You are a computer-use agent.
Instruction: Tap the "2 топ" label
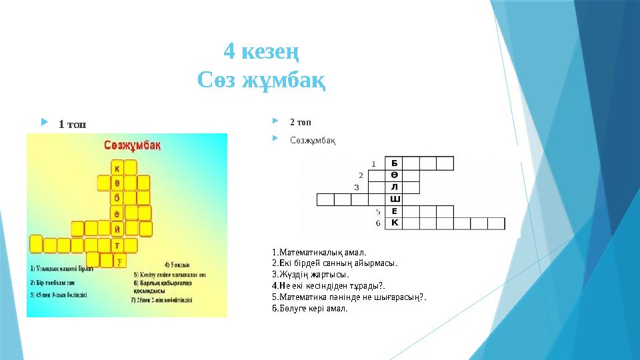(x=299, y=123)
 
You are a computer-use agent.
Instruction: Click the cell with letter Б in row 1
(x=394, y=163)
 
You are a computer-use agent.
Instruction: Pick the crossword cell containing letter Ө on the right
(x=394, y=175)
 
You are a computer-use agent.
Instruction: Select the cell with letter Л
(x=394, y=187)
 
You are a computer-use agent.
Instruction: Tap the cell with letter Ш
(x=394, y=199)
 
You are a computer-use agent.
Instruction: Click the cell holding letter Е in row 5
(x=394, y=211)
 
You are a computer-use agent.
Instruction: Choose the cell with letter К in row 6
(x=394, y=223)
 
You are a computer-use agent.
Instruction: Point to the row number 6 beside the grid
(x=377, y=223)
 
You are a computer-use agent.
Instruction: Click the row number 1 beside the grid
(x=373, y=163)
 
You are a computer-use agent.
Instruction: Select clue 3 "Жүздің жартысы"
(x=311, y=274)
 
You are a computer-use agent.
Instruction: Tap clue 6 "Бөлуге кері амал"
(x=310, y=309)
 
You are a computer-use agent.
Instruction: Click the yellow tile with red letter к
(x=117, y=168)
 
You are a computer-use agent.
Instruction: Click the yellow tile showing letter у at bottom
(x=119, y=261)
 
